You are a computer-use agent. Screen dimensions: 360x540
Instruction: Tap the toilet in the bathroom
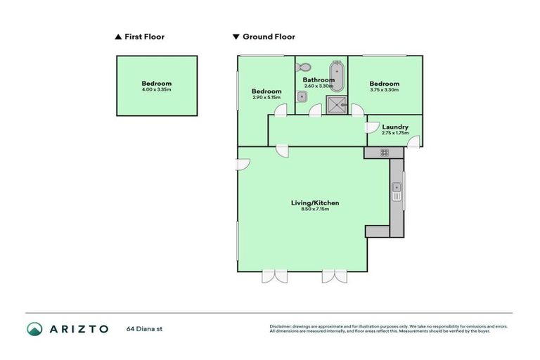click(303, 67)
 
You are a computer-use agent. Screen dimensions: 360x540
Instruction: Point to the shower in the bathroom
click(336, 105)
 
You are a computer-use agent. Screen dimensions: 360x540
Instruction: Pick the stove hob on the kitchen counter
click(385, 152)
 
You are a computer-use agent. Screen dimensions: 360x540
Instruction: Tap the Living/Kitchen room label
click(315, 203)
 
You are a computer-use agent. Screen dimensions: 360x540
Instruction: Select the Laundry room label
click(394, 127)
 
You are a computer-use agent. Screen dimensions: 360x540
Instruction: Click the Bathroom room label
click(319, 80)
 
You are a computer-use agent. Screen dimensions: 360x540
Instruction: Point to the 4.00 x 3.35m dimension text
click(156, 90)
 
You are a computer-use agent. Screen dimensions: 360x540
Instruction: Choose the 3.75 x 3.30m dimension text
click(384, 90)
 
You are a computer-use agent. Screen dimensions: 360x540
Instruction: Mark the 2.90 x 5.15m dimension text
click(266, 98)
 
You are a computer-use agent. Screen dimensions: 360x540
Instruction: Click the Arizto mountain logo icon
click(35, 328)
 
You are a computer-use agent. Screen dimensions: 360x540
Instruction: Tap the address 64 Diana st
click(145, 328)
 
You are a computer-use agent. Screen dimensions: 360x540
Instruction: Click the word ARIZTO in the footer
click(79, 328)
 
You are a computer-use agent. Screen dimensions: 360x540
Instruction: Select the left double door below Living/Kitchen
click(274, 276)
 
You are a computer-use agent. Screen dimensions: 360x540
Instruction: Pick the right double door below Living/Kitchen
click(335, 276)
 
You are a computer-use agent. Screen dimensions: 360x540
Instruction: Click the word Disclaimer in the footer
click(281, 326)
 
